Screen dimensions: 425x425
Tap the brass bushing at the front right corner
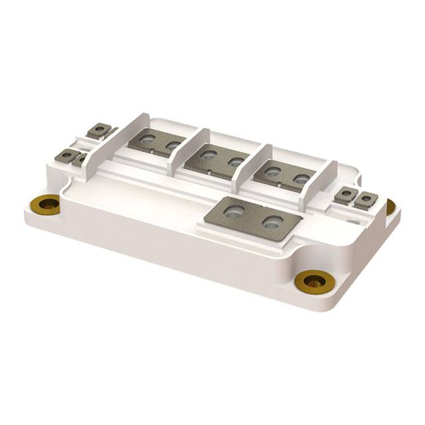[310, 281]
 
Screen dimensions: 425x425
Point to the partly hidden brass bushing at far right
[390, 207]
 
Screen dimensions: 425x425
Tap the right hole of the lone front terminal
[270, 222]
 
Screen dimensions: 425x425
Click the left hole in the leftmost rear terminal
[148, 139]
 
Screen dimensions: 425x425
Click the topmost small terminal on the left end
[100, 129]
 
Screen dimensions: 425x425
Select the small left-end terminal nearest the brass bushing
[67, 155]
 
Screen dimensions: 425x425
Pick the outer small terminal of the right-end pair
[365, 199]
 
